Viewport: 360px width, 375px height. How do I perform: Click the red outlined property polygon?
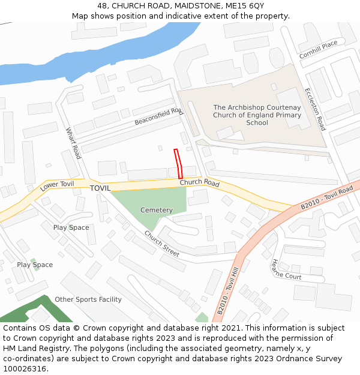(x=178, y=163)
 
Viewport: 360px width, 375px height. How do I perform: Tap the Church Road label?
(x=199, y=182)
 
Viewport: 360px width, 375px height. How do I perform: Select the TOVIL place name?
(x=100, y=188)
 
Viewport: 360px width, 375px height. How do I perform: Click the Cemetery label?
(x=156, y=210)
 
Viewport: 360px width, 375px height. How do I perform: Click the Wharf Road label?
(x=73, y=143)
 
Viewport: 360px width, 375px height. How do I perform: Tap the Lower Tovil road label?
(x=57, y=186)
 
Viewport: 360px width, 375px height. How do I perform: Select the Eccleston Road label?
(x=315, y=109)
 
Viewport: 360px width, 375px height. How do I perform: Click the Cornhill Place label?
(x=319, y=48)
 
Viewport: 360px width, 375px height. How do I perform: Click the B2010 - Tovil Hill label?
(x=228, y=294)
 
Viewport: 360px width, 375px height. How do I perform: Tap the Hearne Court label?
(x=286, y=269)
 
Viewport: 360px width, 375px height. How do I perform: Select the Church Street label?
(x=161, y=245)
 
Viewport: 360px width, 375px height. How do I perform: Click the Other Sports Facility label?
(x=88, y=299)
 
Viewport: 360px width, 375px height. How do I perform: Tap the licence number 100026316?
(x=25, y=369)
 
